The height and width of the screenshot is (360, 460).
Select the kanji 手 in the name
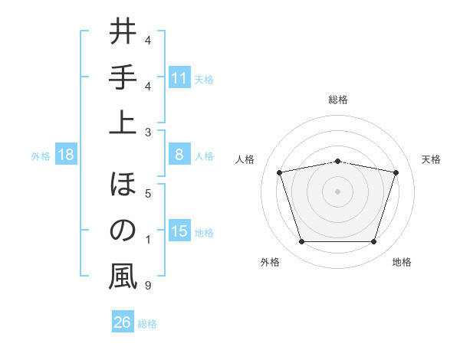[x=123, y=79]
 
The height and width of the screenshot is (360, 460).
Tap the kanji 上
[x=123, y=122]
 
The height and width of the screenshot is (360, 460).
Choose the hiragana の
[x=123, y=231]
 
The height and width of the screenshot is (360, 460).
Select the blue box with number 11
[x=179, y=77]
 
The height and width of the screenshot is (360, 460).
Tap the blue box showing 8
[x=179, y=155]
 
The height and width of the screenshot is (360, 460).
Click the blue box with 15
[x=179, y=232]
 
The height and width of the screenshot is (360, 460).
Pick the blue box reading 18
[x=66, y=155]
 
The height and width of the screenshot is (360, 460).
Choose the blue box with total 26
[x=123, y=322]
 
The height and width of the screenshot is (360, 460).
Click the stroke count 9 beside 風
[x=147, y=286]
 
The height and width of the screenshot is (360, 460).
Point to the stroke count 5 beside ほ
[x=147, y=193]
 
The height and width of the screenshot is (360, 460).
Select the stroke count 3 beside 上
[x=147, y=132]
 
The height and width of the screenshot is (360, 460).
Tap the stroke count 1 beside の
[x=147, y=241]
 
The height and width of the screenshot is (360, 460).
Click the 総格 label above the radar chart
[x=337, y=100]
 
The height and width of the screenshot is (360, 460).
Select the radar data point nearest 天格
[x=396, y=172]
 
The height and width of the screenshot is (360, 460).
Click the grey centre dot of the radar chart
[x=337, y=191]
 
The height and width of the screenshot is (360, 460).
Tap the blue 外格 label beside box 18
[x=41, y=155]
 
